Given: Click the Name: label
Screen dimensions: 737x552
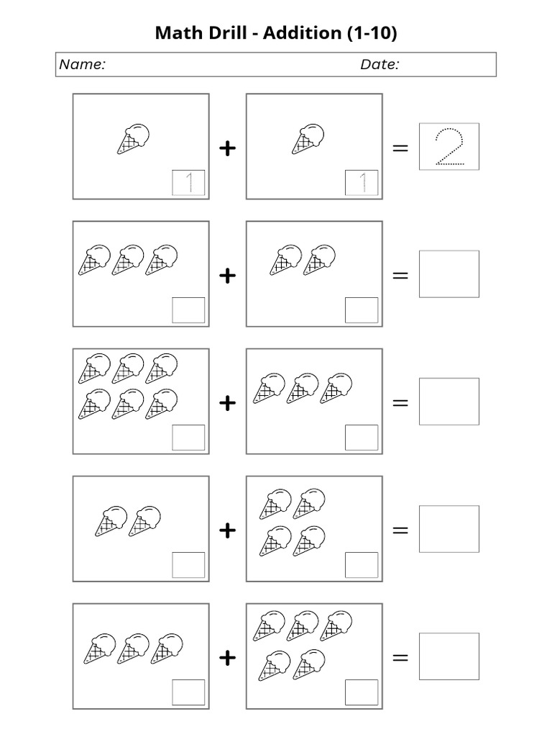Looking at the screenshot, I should (x=82, y=65).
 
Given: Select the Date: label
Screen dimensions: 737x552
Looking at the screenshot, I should (x=379, y=65).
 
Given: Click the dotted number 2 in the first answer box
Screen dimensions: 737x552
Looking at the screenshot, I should (x=449, y=146).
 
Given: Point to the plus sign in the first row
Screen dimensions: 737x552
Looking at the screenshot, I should (x=227, y=148).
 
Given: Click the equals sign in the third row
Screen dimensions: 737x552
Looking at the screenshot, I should (x=400, y=403).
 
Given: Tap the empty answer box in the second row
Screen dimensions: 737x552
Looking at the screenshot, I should (x=449, y=274).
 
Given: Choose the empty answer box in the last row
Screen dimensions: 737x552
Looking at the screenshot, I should (x=449, y=656).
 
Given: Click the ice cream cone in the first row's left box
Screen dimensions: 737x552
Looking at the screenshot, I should (x=134, y=139).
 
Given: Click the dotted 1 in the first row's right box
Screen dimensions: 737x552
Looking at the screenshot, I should (x=362, y=183).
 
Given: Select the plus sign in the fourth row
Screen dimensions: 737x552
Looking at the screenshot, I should (x=227, y=530).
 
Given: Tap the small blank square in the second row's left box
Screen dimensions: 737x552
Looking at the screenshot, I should (x=188, y=310).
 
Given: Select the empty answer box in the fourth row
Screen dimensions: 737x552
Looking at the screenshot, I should (x=449, y=529).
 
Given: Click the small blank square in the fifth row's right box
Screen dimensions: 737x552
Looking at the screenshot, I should (x=362, y=692).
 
